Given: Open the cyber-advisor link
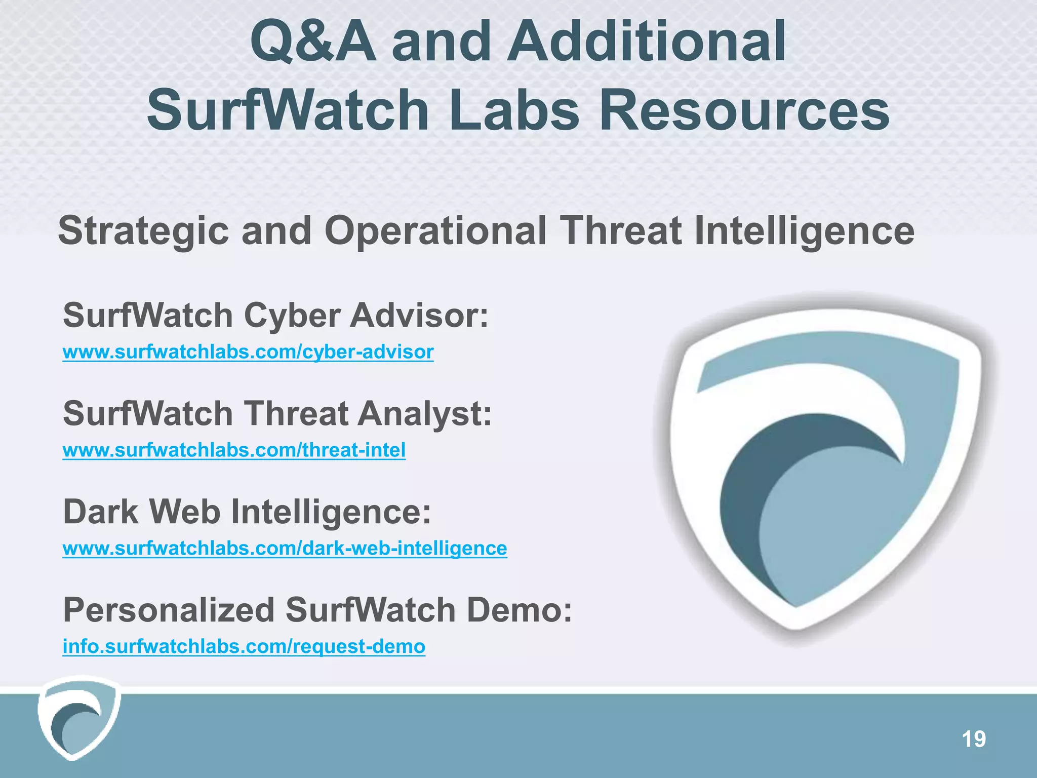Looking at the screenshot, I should [248, 352].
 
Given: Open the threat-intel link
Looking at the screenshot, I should [234, 450].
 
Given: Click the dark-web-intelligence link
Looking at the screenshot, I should [285, 549].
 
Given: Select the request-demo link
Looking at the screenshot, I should [244, 647].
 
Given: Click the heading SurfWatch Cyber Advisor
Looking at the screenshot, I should [275, 316].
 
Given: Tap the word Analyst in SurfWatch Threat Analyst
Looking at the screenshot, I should [424, 414].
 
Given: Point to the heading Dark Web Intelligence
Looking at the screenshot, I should [247, 512].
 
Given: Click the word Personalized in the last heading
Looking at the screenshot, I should [168, 610].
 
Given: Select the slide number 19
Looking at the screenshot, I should [973, 740].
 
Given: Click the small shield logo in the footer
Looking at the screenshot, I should [78, 718].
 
